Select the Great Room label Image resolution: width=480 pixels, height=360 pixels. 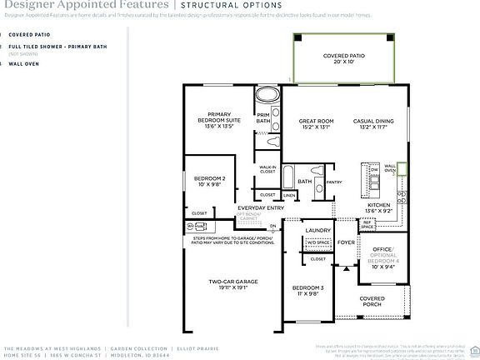(x=316, y=124)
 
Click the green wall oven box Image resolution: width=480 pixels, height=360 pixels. (x=401, y=170)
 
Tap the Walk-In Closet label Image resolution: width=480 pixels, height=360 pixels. (x=267, y=169)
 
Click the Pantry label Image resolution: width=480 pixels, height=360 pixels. (x=334, y=181)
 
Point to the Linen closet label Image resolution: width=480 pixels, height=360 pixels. (x=288, y=195)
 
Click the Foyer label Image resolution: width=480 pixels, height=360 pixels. (x=345, y=243)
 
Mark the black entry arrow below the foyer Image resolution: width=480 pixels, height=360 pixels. (x=345, y=268)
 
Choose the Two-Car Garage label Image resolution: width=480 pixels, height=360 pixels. (x=232, y=284)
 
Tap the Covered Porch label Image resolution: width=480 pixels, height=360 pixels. (x=372, y=301)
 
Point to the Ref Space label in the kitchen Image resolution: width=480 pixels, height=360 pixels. (x=367, y=223)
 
